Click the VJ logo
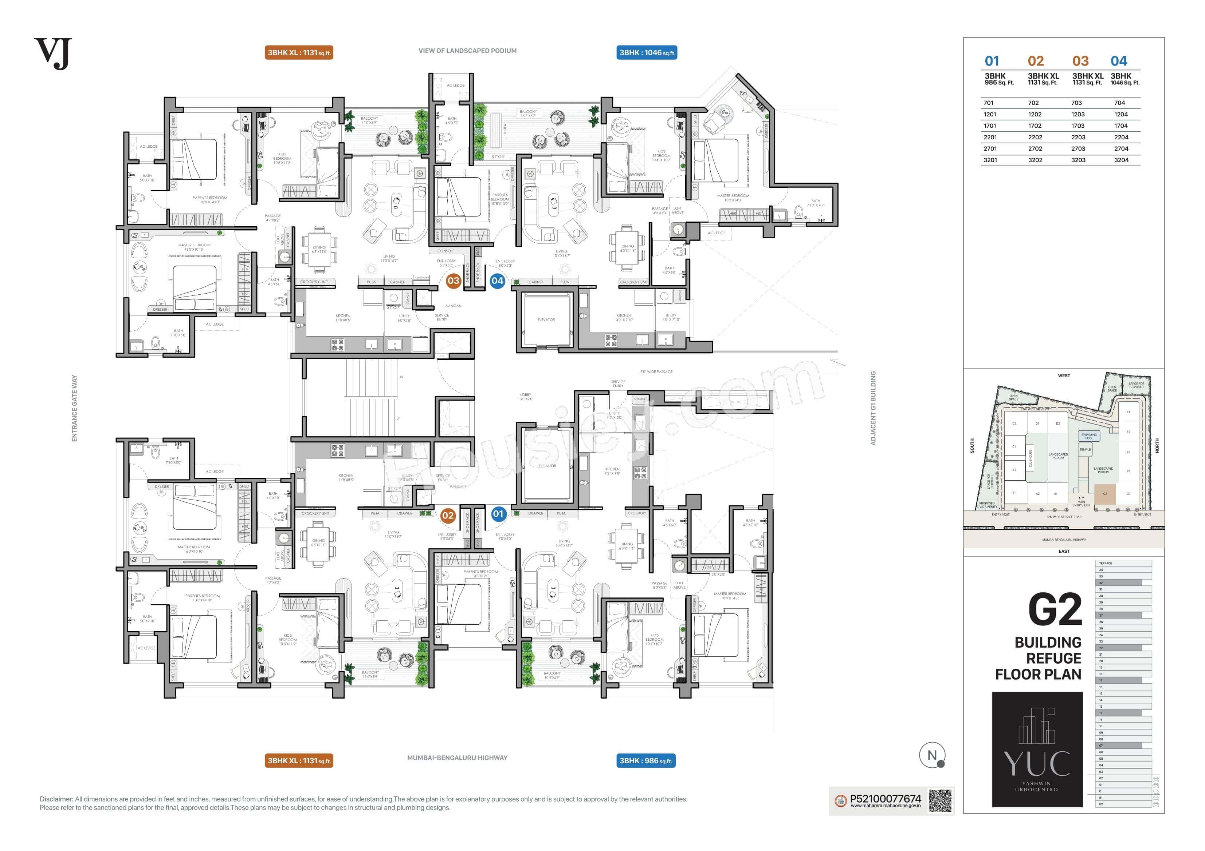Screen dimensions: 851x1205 (52, 53)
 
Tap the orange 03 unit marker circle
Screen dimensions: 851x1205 (453, 281)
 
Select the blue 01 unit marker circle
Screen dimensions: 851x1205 (498, 514)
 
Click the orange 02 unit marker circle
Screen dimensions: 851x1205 (448, 516)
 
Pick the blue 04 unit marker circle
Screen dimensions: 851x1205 (497, 281)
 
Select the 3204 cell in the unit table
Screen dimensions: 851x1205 (1121, 160)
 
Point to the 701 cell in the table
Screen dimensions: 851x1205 (988, 103)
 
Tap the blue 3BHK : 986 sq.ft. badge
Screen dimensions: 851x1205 (647, 760)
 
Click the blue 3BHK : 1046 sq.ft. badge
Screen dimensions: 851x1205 (647, 52)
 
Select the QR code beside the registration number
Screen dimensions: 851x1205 (939, 801)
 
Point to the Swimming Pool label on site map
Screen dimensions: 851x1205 (1088, 436)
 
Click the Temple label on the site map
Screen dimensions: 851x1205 (1085, 449)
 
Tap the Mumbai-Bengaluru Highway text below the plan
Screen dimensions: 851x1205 (457, 757)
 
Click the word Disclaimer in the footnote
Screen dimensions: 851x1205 (56, 799)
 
